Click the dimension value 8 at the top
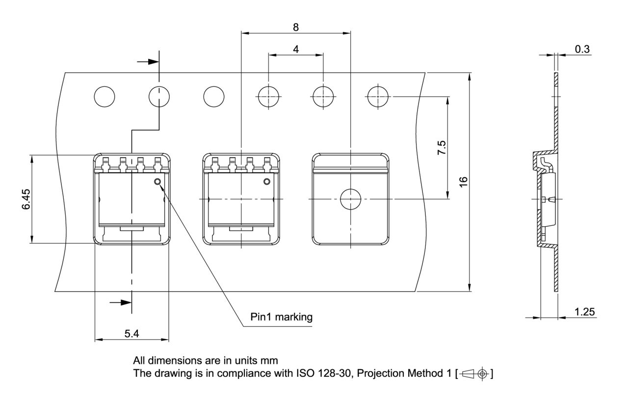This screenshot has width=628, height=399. (x=296, y=27)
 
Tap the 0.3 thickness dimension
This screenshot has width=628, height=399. (x=582, y=49)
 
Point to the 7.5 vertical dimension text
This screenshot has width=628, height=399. (x=442, y=148)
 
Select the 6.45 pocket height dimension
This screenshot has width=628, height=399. (x=26, y=199)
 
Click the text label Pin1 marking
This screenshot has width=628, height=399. (x=281, y=317)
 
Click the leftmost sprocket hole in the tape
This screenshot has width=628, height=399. (x=105, y=97)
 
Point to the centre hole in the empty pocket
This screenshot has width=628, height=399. (x=350, y=199)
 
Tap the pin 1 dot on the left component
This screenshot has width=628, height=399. (x=157, y=182)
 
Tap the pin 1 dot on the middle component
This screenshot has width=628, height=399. (x=267, y=182)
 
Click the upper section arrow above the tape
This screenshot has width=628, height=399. (x=149, y=62)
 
